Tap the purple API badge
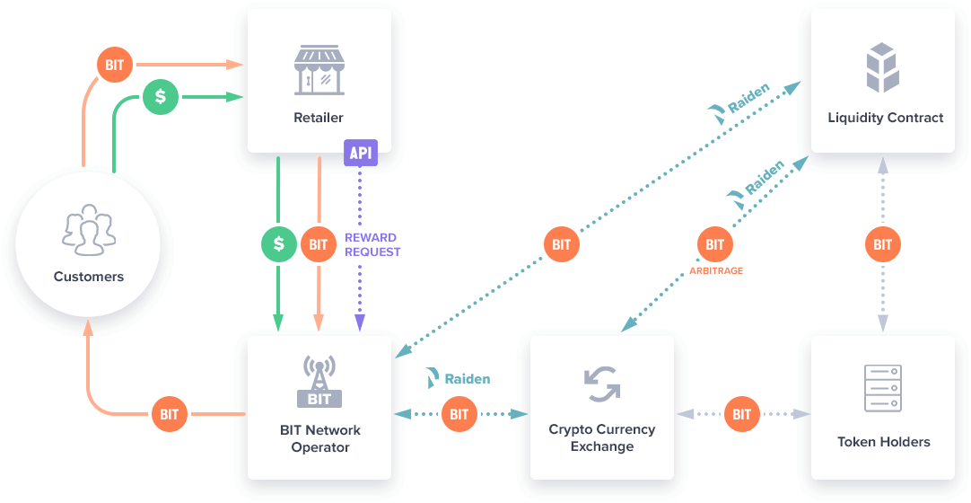pos(360,153)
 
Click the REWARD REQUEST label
pos(372,244)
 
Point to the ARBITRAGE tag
pos(716,269)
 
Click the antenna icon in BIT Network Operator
pos(319,381)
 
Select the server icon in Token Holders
pos(883,388)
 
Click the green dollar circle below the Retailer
pos(279,244)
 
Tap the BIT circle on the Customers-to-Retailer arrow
pos(115,66)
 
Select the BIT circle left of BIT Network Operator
pos(170,414)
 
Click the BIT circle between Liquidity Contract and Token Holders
pos(883,244)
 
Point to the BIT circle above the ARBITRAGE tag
pos(715,243)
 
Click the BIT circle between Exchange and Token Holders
pos(742,414)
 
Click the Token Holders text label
pos(883,441)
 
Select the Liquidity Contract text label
pos(885,118)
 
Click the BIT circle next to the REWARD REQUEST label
pos(319,244)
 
